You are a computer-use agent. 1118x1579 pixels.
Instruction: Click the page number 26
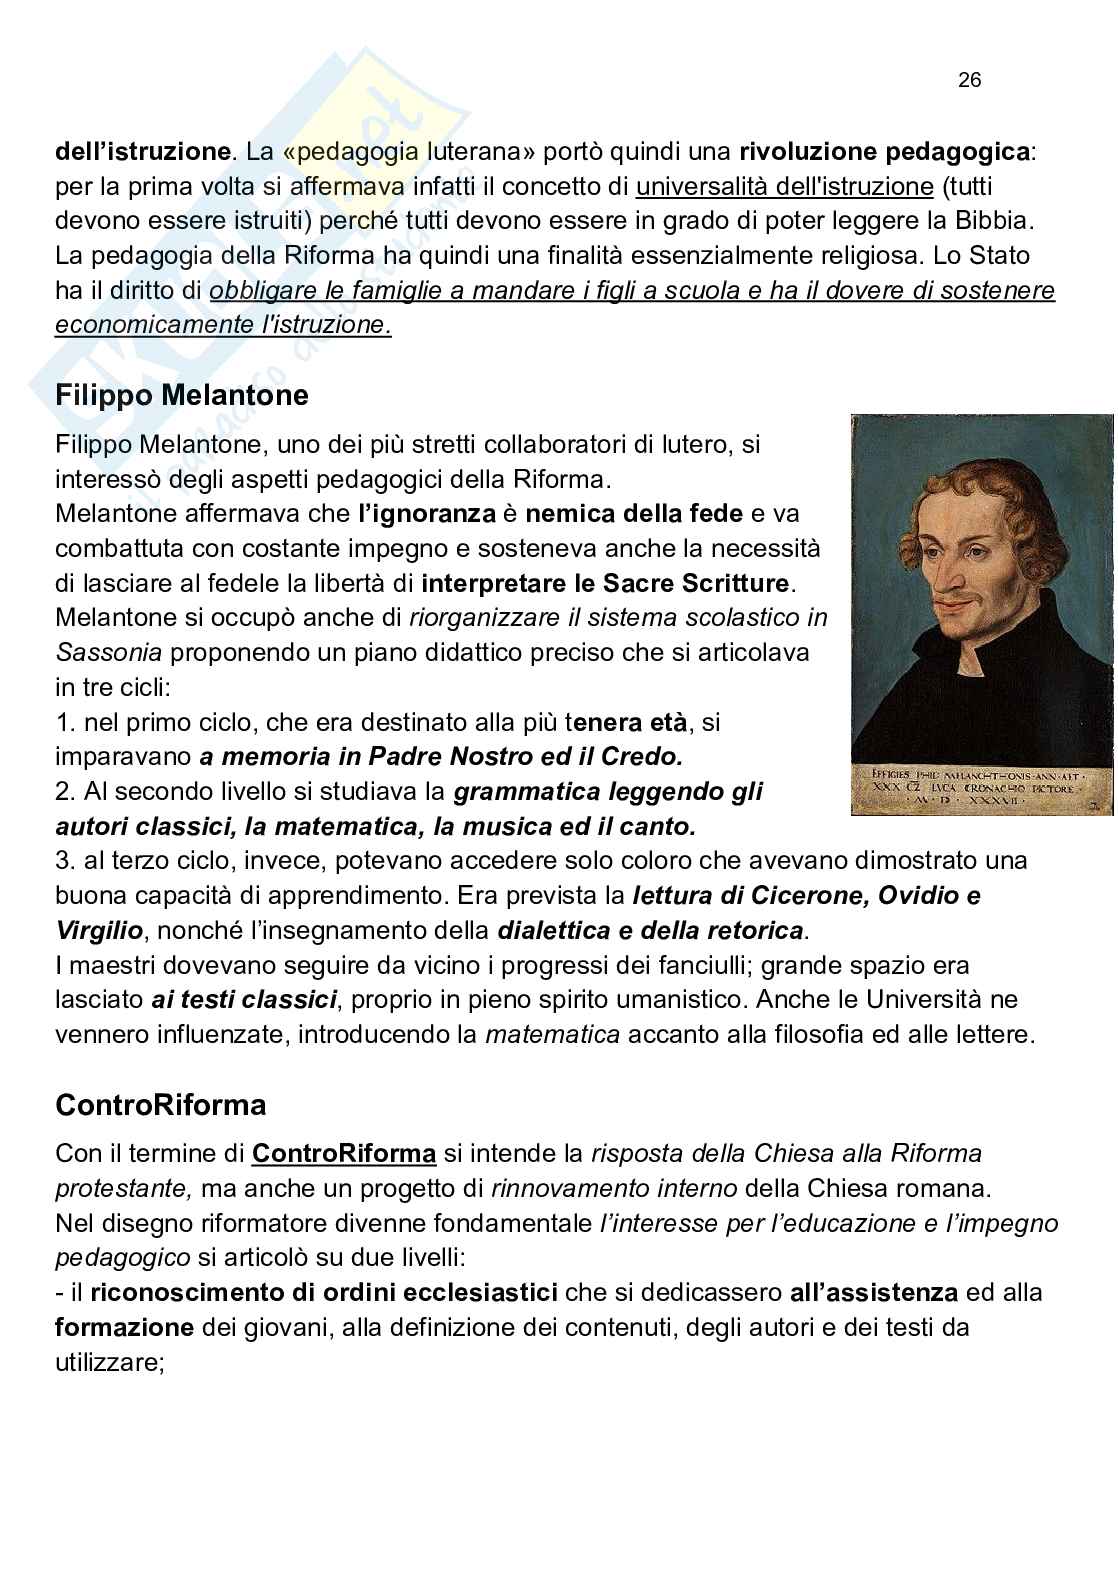969,81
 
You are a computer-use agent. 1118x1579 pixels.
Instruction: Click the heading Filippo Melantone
182,395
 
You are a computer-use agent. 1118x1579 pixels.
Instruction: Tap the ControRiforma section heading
161,1105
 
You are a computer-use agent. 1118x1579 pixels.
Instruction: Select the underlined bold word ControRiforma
344,1153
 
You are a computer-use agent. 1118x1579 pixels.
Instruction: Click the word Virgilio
100,930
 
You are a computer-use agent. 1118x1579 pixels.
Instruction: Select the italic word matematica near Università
552,1034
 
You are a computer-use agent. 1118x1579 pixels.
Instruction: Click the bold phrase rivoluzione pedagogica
884,152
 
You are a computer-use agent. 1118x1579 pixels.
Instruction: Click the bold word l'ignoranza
428,514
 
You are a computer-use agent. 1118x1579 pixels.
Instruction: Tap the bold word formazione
124,1327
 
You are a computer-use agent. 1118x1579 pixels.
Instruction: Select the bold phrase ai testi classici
244,999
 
